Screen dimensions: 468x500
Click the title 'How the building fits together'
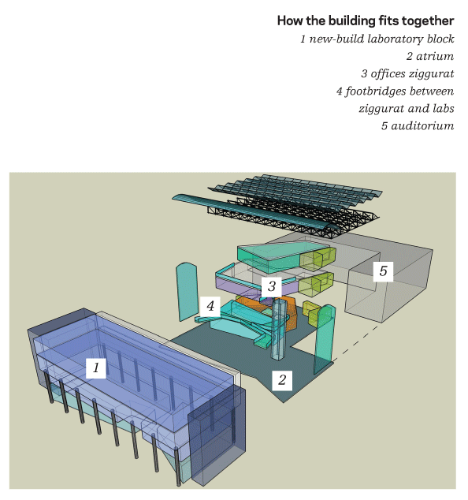[x=366, y=21]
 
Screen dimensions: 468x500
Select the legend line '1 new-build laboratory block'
[x=377, y=39]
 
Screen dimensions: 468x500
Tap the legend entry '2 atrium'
[x=430, y=56]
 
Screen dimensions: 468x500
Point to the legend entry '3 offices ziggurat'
[x=407, y=73]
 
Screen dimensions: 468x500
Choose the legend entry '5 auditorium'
[x=418, y=125]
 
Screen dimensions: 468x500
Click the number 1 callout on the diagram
[x=96, y=368]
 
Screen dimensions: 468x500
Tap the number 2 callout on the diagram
[x=282, y=380]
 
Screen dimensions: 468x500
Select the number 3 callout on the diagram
[x=272, y=286]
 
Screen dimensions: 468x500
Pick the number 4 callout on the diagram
[x=210, y=306]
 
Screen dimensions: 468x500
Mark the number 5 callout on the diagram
[x=383, y=271]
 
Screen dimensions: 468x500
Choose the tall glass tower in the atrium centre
[x=280, y=328]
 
